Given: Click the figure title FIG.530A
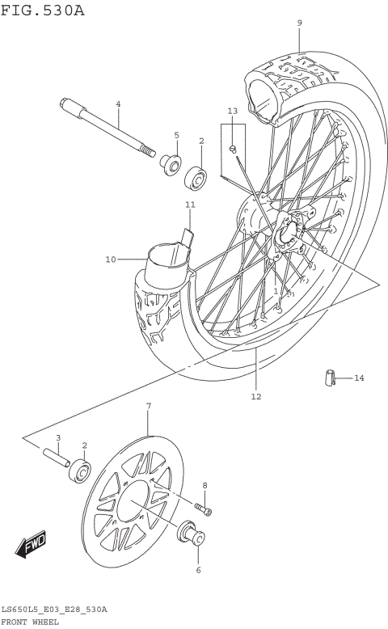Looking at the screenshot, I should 42,10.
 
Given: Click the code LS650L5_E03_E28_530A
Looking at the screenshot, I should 54,608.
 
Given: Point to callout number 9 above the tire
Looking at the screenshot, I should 299,23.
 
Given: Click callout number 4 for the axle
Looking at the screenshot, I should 118,104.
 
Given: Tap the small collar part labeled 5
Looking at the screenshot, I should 171,165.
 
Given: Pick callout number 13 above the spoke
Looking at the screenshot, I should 232,110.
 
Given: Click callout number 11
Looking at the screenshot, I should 190,205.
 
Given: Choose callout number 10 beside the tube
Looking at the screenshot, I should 110,259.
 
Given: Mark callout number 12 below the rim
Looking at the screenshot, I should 255,396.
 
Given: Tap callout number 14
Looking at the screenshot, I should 358,378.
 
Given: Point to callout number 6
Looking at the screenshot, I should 199,569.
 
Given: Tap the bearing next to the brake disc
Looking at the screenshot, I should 79,469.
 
